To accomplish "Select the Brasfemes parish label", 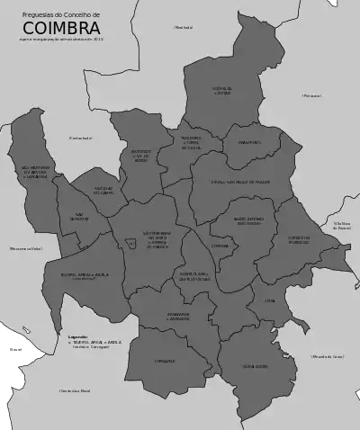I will (x=249, y=142).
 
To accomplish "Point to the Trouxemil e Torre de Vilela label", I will (x=192, y=142).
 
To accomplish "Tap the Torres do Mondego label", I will (x=299, y=240).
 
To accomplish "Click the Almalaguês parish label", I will (x=255, y=367).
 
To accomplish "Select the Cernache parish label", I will (x=165, y=361).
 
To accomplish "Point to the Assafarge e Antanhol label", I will (x=178, y=317).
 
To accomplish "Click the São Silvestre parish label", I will (x=80, y=217).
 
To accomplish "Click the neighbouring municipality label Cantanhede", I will (x=81, y=138).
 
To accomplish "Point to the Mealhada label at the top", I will (x=183, y=28).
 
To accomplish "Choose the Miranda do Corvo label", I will (x=328, y=357).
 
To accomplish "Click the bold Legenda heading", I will (x=77, y=337).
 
